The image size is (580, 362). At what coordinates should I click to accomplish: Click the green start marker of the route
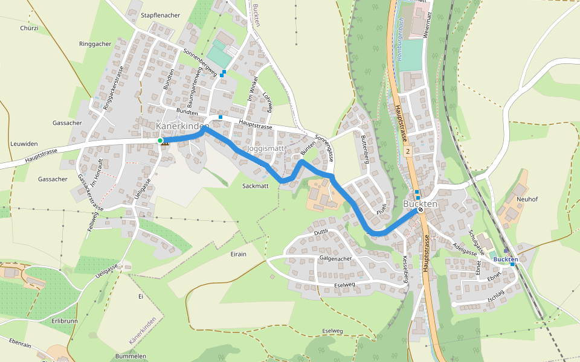click(x=160, y=141)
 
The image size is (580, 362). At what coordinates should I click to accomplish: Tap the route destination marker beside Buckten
click(x=420, y=211)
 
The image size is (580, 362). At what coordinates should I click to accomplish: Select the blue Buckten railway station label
click(x=506, y=259)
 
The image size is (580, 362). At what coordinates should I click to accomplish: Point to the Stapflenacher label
click(x=160, y=15)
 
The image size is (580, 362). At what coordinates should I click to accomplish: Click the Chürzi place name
click(x=29, y=28)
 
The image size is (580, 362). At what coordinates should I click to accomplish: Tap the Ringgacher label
click(x=95, y=44)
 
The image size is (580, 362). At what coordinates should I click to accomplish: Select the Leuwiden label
click(x=24, y=144)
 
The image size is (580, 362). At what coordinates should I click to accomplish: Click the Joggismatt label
click(x=264, y=148)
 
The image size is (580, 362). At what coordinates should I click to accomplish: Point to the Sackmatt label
click(x=255, y=186)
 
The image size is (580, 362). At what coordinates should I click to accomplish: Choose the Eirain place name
click(x=239, y=254)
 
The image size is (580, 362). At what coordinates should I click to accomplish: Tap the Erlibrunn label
click(x=65, y=321)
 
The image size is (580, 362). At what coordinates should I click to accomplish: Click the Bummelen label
click(x=130, y=357)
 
